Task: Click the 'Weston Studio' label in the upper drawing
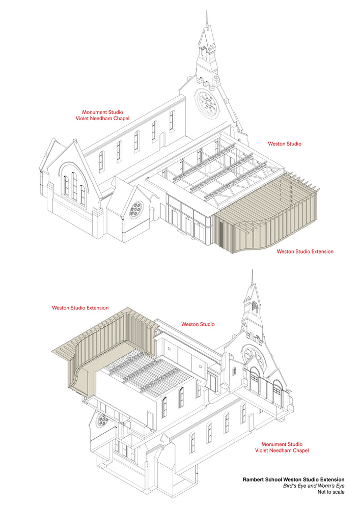(x=284, y=144)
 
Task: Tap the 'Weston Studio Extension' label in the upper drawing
(x=305, y=251)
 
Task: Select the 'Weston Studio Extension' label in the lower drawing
(x=80, y=308)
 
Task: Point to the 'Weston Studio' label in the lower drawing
(x=198, y=324)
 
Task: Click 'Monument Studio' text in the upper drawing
(x=102, y=112)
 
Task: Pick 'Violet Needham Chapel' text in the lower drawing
(x=282, y=450)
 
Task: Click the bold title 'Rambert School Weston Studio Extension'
(x=293, y=479)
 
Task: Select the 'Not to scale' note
(x=331, y=492)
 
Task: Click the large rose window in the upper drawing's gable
(x=206, y=102)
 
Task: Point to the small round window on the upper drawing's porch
(x=136, y=210)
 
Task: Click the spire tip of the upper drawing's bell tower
(x=206, y=11)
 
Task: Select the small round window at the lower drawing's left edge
(x=103, y=419)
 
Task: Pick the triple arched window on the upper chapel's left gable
(x=74, y=188)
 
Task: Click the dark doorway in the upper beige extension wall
(x=221, y=234)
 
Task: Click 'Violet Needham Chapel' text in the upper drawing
(x=102, y=119)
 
